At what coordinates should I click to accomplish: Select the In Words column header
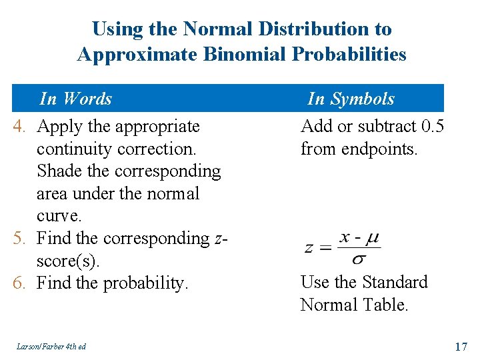[75, 99]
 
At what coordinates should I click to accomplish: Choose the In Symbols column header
[351, 99]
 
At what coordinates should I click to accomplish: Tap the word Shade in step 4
[59, 171]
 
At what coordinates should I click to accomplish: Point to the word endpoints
[379, 149]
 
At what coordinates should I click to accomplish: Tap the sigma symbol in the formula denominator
[358, 257]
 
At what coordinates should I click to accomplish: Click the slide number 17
[460, 346]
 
